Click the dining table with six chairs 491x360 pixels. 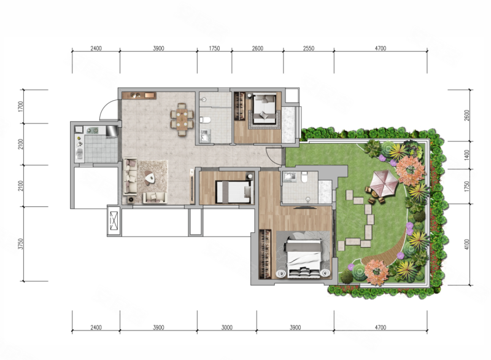pos(182,119)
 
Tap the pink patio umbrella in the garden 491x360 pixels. pos(384,182)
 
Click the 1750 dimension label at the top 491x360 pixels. pos(214,49)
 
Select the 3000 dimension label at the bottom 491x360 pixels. pos(226,327)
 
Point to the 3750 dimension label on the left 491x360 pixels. pos(21,244)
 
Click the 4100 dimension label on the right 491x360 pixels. pos(467,245)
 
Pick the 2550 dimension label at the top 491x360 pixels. pos(309,49)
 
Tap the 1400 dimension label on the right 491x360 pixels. pos(467,155)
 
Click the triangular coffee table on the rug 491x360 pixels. pos(150,178)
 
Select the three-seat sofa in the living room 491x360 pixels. pos(131,176)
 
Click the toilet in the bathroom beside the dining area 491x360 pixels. pos(205,120)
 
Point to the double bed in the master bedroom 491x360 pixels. pos(303,258)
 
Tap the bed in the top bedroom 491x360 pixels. pos(265,108)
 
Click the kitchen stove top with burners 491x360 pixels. pos(93,130)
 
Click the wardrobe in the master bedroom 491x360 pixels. pos(265,254)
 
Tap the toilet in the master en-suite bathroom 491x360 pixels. pos(304,177)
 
